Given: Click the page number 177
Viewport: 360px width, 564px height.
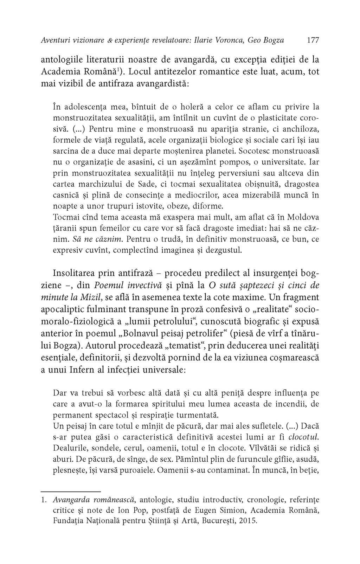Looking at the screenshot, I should click(x=313, y=40).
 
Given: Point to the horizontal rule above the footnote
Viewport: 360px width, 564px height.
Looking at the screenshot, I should click(x=71, y=491).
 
